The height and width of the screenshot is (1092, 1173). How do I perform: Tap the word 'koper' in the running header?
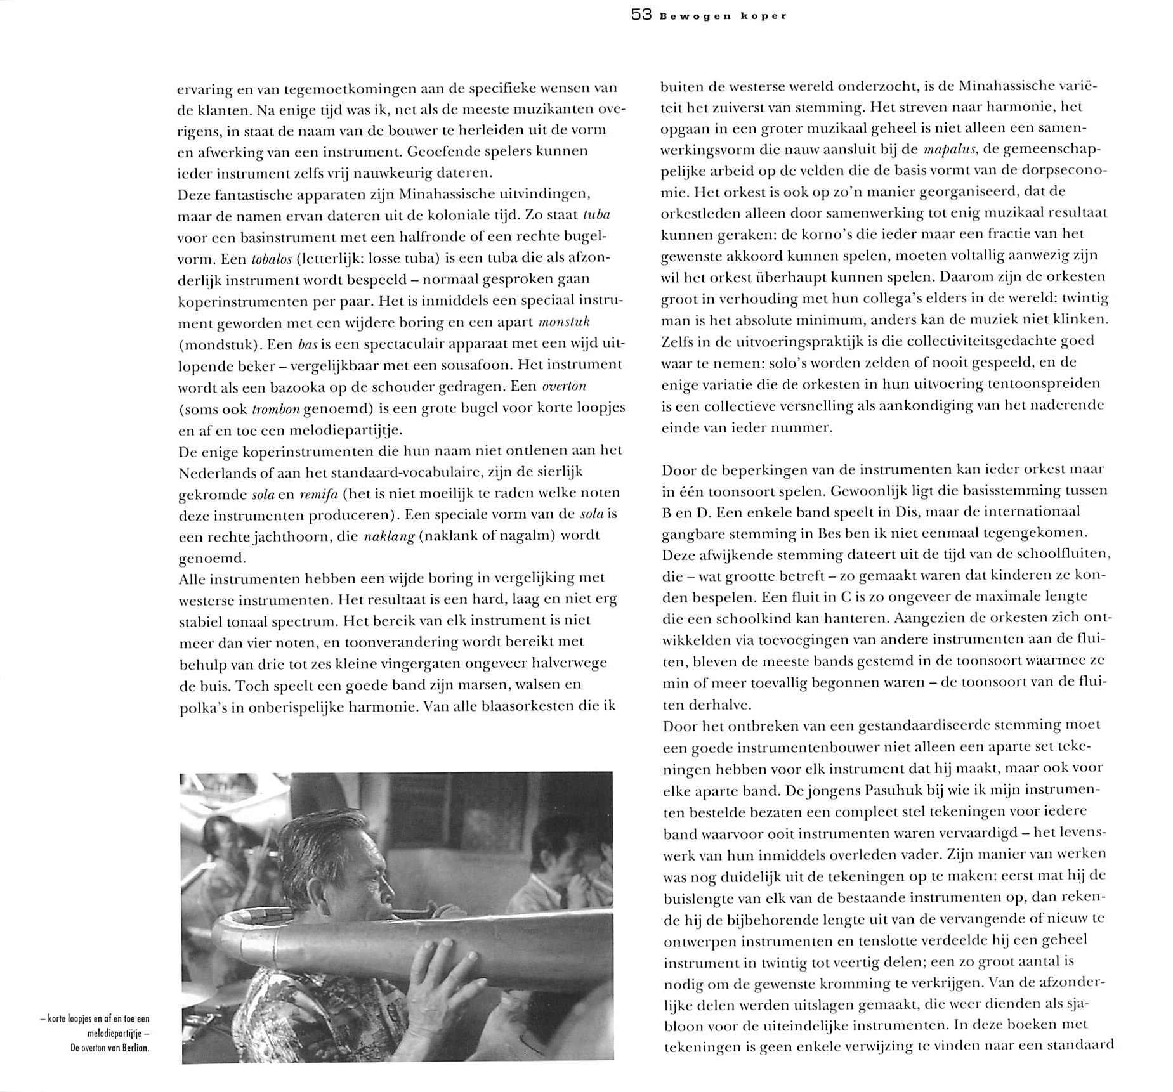point(766,16)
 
